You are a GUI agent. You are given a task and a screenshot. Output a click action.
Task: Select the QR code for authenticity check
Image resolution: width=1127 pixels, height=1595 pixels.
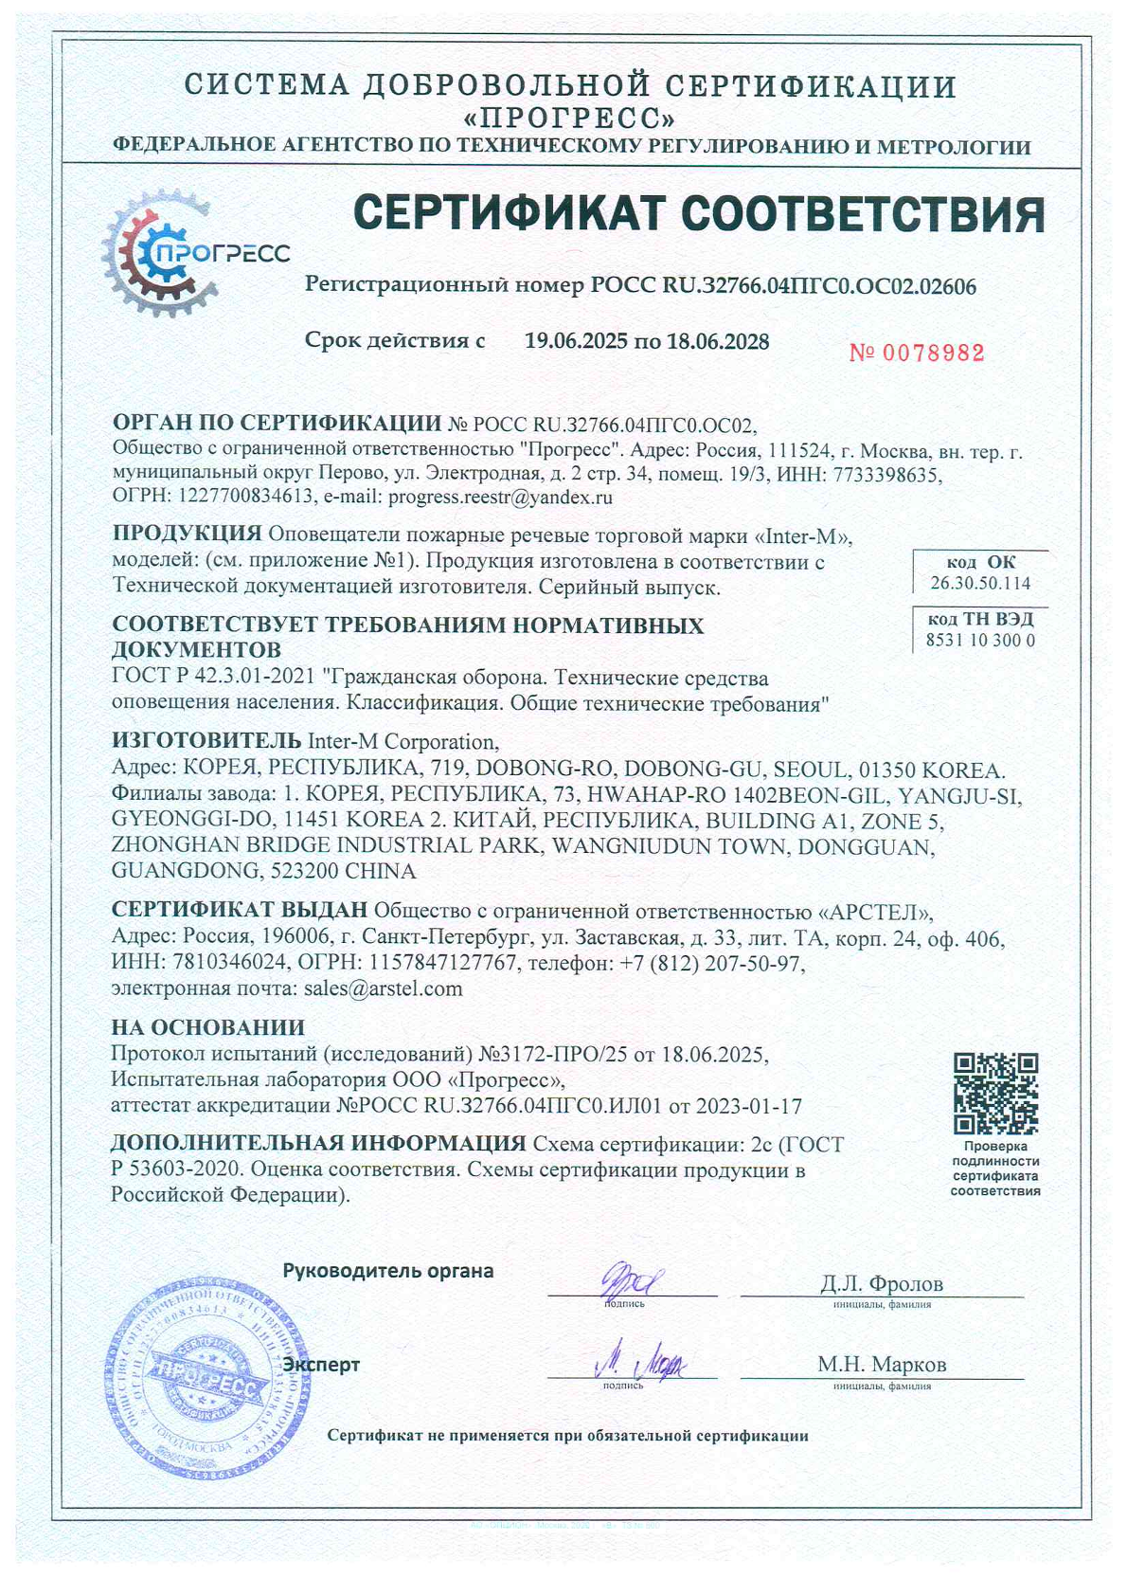(995, 1093)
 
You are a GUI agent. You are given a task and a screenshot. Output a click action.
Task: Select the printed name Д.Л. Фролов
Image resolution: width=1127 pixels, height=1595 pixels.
(881, 1284)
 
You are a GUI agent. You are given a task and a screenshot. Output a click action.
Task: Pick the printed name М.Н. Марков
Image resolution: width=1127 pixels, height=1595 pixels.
(882, 1365)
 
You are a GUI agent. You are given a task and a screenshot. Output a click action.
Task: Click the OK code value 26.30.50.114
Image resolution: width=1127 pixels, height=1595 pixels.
(980, 583)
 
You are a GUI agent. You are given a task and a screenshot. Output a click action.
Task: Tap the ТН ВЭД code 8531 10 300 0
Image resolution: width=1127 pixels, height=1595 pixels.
(980, 641)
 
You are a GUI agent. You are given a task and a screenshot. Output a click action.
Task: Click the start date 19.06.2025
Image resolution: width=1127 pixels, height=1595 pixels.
(576, 341)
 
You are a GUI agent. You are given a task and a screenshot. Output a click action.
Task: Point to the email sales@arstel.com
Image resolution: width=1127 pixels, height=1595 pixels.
(383, 989)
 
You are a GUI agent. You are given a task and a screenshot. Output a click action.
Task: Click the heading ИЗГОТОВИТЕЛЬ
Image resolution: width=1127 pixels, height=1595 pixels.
(206, 740)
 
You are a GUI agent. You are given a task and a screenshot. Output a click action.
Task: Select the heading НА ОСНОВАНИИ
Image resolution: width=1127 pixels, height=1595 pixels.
(207, 1027)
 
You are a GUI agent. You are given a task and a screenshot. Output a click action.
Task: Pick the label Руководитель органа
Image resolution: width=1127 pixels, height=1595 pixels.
(388, 1271)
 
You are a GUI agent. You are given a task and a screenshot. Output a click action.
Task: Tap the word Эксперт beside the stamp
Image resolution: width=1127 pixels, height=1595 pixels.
(322, 1365)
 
